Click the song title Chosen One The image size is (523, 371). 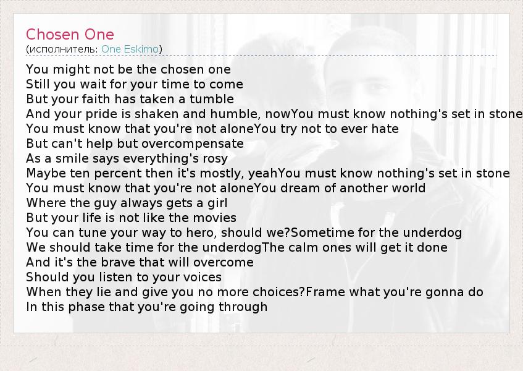pos(70,35)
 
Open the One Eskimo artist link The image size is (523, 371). pos(130,49)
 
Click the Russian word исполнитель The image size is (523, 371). pos(62,49)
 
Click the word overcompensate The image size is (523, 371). pos(193,144)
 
